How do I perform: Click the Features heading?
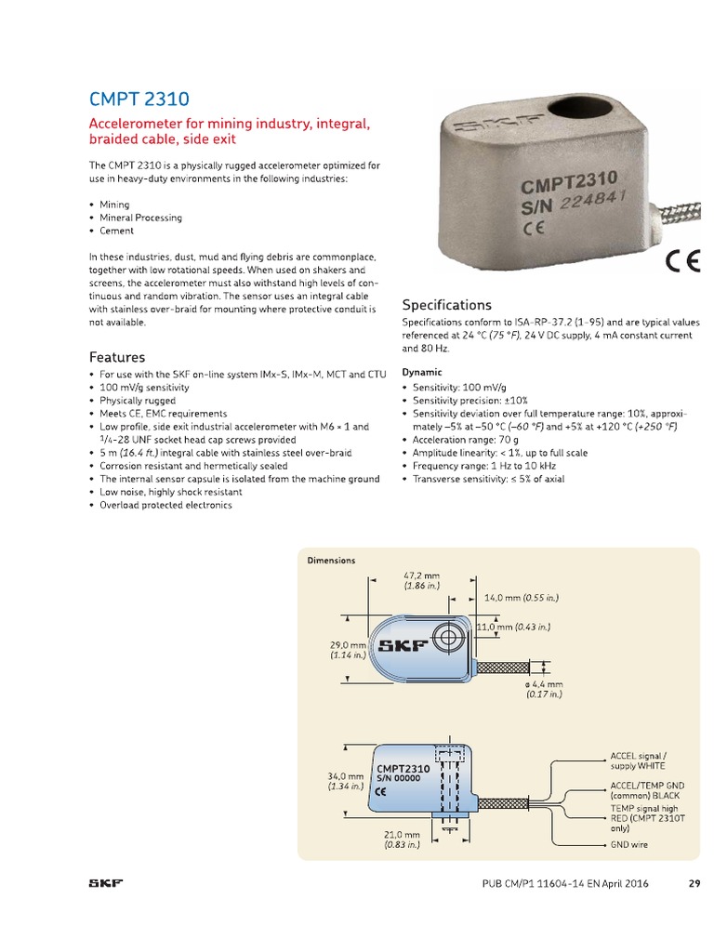117,357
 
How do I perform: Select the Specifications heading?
446,305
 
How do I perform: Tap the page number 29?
694,883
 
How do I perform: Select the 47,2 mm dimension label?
421,580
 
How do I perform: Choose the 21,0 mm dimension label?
402,840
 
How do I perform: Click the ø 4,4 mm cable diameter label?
545,689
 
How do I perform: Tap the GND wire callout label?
629,845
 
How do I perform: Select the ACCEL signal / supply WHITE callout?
639,760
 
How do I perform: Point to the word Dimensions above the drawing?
332,561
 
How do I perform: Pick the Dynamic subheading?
422,372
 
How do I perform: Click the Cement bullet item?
117,231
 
